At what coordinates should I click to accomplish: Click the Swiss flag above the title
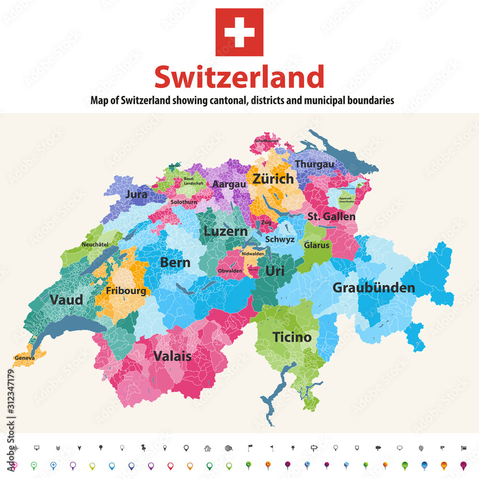click(x=239, y=32)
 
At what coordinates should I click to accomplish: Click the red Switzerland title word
click(x=239, y=78)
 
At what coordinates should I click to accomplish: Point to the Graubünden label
click(x=374, y=287)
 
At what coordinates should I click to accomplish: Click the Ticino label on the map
click(x=292, y=337)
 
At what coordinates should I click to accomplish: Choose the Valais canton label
click(x=172, y=356)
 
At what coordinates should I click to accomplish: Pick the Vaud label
click(x=66, y=300)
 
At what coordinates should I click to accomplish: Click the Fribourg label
click(x=126, y=291)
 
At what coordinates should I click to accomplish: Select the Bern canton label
click(x=175, y=262)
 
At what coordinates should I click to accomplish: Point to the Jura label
click(x=136, y=194)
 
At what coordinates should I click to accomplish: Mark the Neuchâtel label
click(x=95, y=244)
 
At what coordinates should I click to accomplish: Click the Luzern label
click(x=226, y=231)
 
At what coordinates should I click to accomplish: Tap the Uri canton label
click(x=275, y=271)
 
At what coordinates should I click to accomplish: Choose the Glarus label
click(x=317, y=245)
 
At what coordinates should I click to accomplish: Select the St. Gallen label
click(x=331, y=217)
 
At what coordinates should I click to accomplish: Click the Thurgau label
click(x=314, y=164)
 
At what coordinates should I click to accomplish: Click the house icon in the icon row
click(x=207, y=448)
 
